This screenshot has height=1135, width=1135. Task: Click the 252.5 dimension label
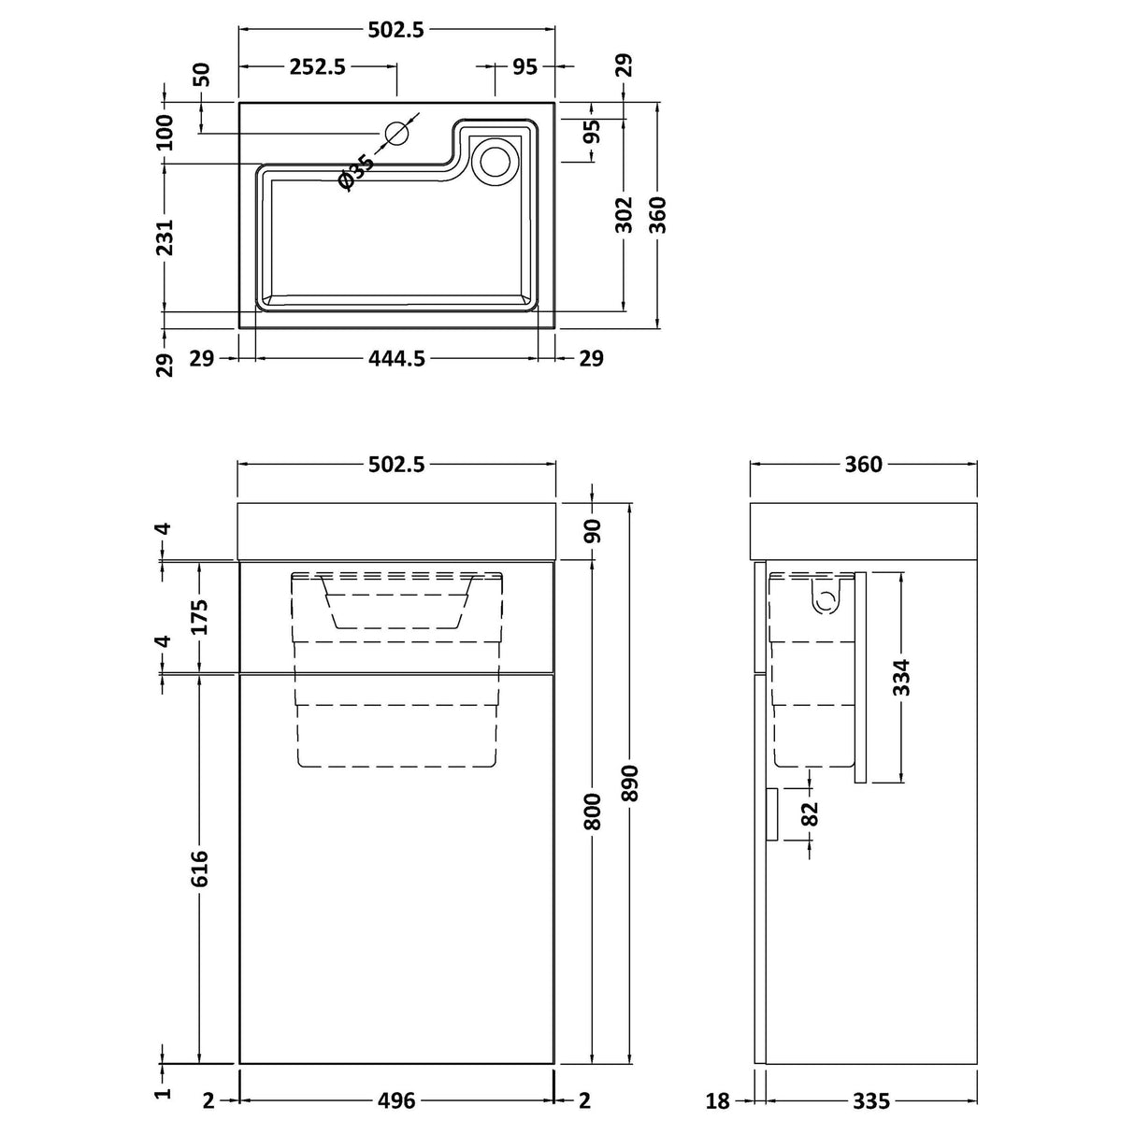(x=318, y=66)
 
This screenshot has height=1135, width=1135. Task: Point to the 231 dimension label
(x=165, y=237)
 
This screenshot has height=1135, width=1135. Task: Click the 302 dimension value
(x=625, y=214)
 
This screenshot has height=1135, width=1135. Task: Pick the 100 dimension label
(x=165, y=132)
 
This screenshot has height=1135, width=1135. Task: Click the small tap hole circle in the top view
(x=398, y=134)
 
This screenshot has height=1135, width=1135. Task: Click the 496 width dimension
(x=396, y=1100)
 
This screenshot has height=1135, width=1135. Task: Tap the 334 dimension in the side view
(x=902, y=678)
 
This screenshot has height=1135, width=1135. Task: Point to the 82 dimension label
(x=810, y=812)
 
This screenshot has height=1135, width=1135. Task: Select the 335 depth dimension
(x=870, y=1101)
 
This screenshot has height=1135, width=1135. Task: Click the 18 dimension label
(x=718, y=1101)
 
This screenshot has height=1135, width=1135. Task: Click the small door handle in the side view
(x=772, y=812)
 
